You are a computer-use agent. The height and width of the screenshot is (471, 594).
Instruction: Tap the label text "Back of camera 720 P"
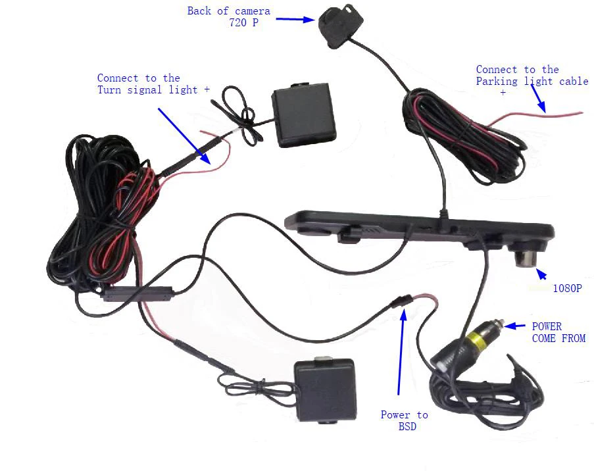(229, 16)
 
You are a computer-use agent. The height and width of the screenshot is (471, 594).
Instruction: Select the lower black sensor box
(325, 389)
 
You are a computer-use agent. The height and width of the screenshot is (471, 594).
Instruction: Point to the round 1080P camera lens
(524, 257)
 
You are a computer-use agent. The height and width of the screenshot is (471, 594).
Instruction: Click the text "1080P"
(567, 288)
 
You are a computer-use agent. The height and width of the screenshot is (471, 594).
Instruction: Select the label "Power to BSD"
(404, 420)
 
